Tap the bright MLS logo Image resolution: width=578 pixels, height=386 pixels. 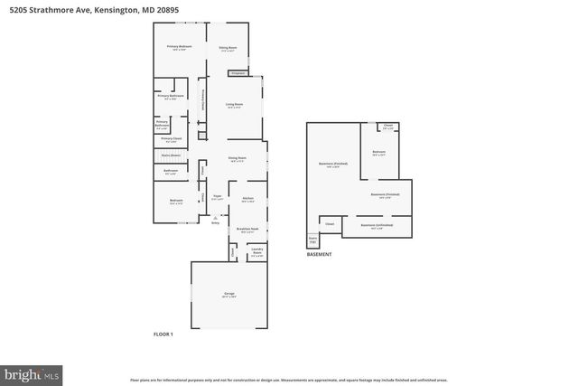[x=33, y=372]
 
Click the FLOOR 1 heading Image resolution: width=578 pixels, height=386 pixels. [x=163, y=334]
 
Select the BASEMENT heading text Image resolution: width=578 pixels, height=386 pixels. [x=319, y=255]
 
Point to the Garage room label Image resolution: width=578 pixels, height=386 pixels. [x=229, y=295]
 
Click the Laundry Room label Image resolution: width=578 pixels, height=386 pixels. [x=256, y=252]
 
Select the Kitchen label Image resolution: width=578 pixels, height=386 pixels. [x=247, y=198]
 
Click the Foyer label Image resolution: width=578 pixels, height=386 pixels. [x=217, y=197]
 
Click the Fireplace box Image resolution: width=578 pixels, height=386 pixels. [x=238, y=72]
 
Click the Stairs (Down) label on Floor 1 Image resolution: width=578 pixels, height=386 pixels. [x=170, y=155]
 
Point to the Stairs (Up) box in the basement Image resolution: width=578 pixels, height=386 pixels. [x=313, y=241]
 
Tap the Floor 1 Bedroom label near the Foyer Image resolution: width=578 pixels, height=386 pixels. [x=176, y=201]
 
